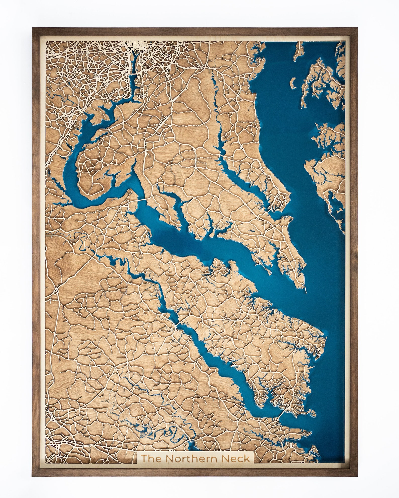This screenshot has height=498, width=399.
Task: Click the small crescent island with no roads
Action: (x=293, y=83)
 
